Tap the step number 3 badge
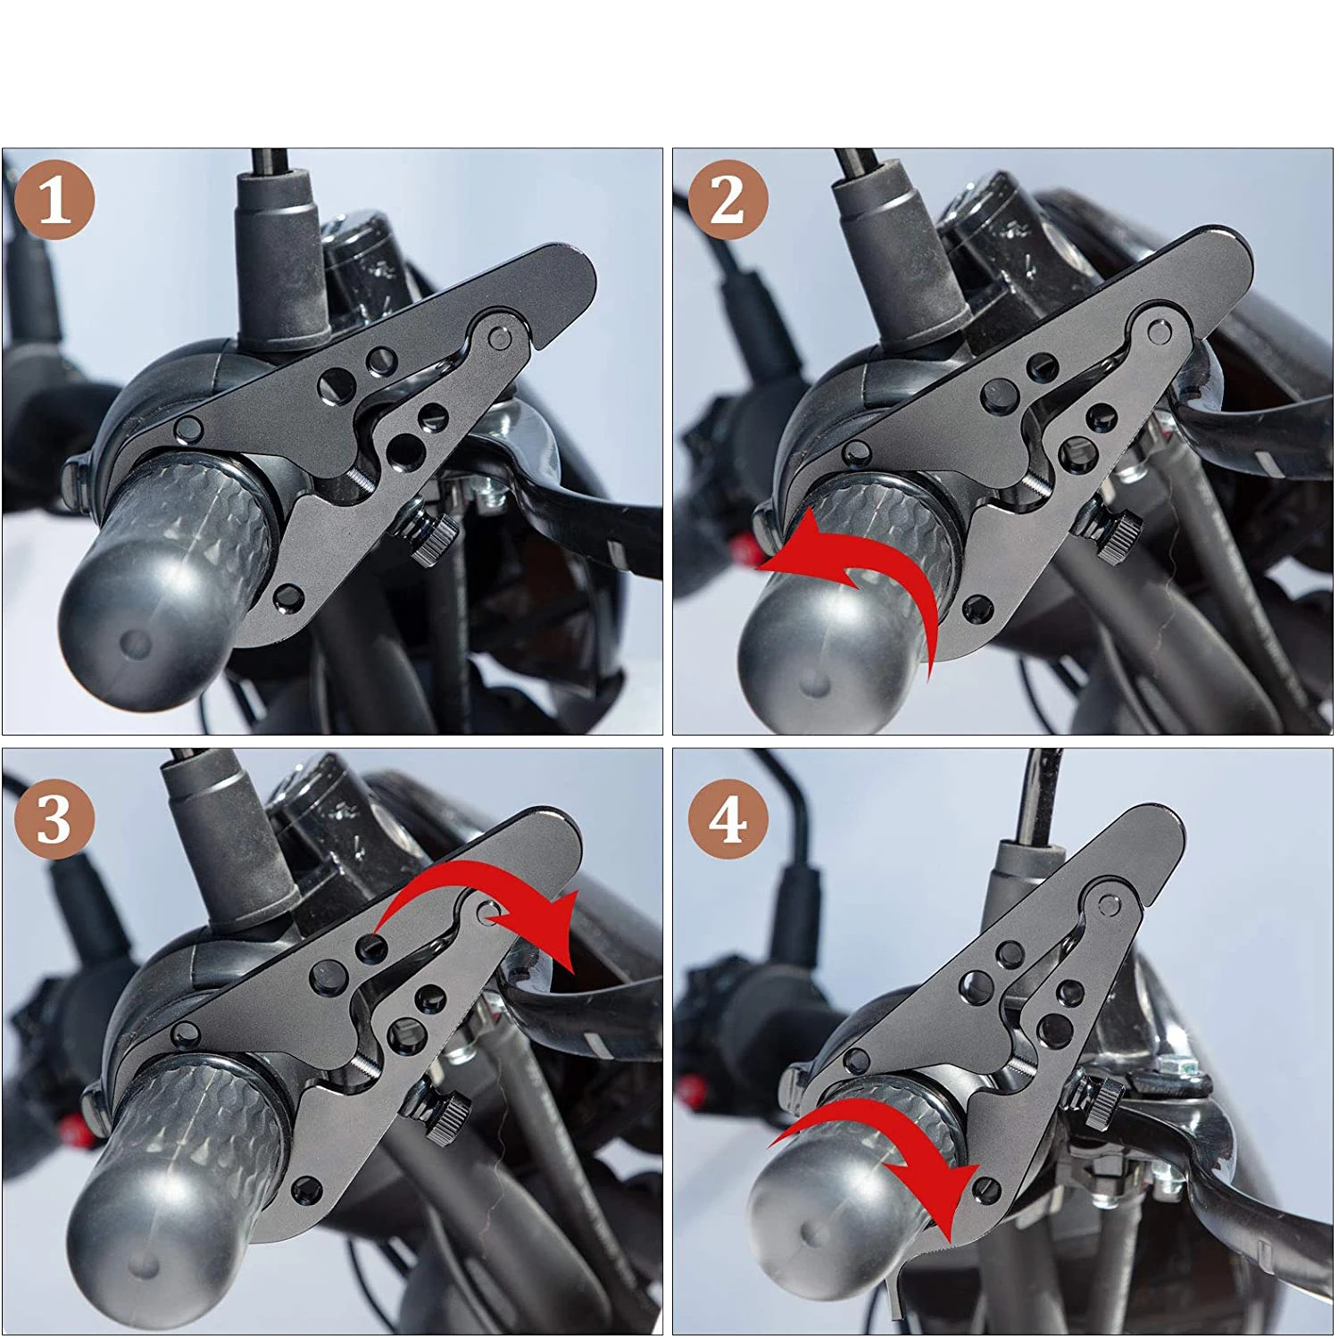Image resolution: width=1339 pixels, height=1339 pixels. point(54,819)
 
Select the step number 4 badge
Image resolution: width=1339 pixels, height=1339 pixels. point(728,819)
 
